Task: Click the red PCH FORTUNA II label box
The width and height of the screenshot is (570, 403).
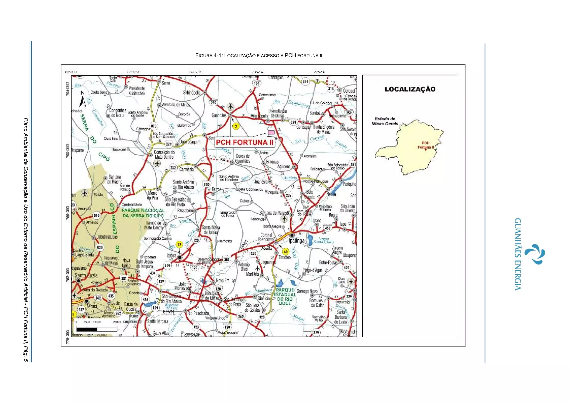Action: click(x=245, y=142)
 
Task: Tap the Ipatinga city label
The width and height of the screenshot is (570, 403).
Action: click(x=297, y=240)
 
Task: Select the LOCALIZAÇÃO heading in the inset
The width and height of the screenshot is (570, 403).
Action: click(x=410, y=89)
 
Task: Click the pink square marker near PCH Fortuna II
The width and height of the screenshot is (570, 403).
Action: click(x=271, y=132)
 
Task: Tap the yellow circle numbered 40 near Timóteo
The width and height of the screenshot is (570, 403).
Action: click(x=286, y=252)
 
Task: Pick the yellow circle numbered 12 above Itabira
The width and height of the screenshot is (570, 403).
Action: click(x=179, y=245)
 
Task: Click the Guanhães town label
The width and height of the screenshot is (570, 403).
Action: click(x=219, y=115)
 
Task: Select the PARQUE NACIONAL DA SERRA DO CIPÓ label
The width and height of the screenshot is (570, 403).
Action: click(x=143, y=213)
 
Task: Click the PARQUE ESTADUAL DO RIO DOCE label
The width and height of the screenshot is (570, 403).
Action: click(x=284, y=297)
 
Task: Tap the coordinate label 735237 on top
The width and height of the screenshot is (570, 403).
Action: click(x=257, y=72)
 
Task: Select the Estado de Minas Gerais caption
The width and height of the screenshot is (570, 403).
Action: click(x=385, y=121)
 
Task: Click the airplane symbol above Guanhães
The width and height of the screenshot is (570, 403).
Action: click(x=230, y=107)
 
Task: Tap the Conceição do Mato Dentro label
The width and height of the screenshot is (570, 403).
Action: click(x=164, y=154)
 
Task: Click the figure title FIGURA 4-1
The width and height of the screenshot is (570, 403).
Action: click(x=259, y=55)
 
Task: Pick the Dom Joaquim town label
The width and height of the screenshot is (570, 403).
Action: click(x=190, y=142)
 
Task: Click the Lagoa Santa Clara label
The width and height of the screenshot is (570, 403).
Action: click(x=323, y=240)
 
